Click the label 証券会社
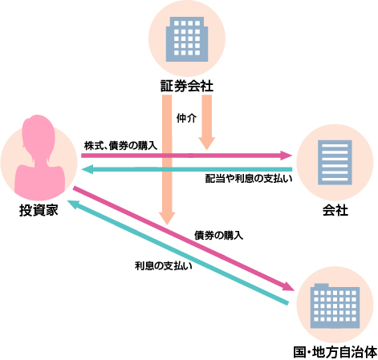(187, 86)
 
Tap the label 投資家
(39, 210)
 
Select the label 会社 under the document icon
(335, 210)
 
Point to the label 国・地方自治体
(335, 352)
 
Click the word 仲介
(186, 118)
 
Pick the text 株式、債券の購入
(120, 146)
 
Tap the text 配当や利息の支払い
(249, 179)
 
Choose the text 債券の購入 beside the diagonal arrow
(218, 235)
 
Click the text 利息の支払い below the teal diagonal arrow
(164, 265)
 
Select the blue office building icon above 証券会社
(187, 39)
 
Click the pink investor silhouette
(39, 158)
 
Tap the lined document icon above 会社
(335, 163)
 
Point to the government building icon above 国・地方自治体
(335, 305)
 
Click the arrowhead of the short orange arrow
(206, 144)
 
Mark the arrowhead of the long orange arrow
(167, 218)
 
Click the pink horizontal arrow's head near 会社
(286, 156)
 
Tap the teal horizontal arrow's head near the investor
(87, 169)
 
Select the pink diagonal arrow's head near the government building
(288, 286)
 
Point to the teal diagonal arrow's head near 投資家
(73, 204)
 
